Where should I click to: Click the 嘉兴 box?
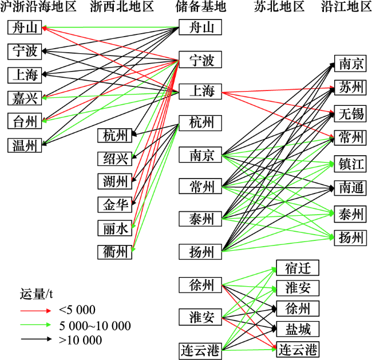[25, 98]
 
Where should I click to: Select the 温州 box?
[25, 145]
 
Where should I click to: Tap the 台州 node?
[25, 121]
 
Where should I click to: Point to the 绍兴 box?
[115, 159]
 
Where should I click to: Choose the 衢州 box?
[115, 252]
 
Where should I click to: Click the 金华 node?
[115, 204]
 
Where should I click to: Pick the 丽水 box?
[115, 228]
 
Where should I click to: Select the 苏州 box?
[350, 88]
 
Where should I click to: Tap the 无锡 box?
[350, 114]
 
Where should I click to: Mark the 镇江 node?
[350, 164]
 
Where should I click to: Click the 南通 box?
[350, 188]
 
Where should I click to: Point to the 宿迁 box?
[298, 268]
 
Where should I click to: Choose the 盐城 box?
[298, 329]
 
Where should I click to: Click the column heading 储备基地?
[201, 6]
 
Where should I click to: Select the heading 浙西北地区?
[122, 6]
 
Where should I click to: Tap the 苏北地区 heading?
[279, 6]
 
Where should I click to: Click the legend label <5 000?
[77, 310]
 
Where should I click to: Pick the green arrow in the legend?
[36, 325]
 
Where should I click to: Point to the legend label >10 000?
[81, 340]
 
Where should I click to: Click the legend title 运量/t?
[36, 294]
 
